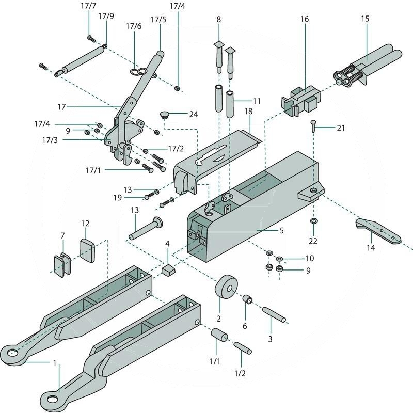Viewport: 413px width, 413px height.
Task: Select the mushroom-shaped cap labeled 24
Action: [165, 114]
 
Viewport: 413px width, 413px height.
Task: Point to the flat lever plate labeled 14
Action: [377, 230]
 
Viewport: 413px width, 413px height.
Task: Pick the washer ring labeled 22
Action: [313, 221]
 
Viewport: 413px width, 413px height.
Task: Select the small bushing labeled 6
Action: [247, 300]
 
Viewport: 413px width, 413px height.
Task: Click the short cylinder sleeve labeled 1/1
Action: [218, 337]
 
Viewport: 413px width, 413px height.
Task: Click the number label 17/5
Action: [158, 20]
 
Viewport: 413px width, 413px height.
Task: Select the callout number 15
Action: [365, 19]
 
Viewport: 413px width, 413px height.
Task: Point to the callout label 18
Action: [248, 111]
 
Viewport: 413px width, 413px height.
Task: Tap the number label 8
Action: [218, 19]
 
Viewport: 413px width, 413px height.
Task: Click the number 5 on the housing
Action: [281, 231]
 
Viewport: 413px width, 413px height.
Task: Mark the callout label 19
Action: [118, 197]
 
